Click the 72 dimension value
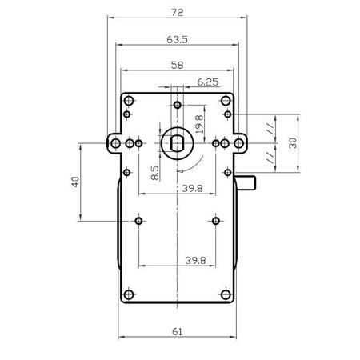point(178,12)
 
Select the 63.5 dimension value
point(178,40)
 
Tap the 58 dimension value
point(178,65)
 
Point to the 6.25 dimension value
point(208,82)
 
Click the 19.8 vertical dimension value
point(199,124)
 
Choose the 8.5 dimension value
point(154,173)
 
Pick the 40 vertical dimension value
point(76,182)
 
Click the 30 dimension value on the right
point(293,143)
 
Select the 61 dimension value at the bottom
point(178,332)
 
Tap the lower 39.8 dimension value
point(195,260)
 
